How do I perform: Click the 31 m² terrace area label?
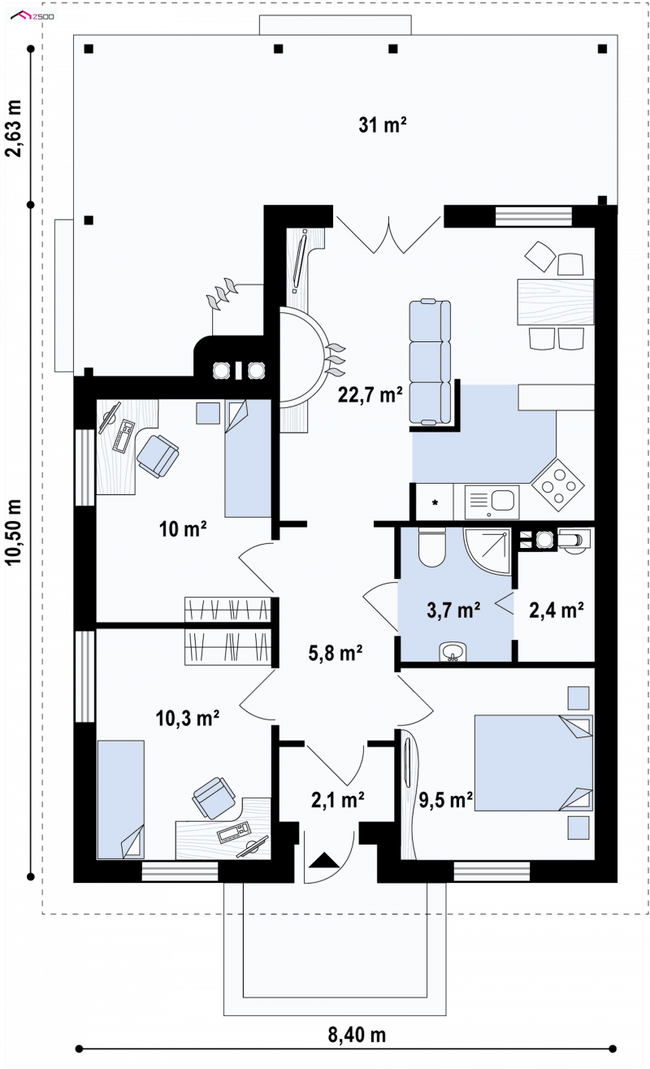(382, 125)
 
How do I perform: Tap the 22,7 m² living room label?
(370, 394)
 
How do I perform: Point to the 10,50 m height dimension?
(15, 532)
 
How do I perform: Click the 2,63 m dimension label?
(15, 128)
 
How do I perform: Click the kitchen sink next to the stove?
(492, 502)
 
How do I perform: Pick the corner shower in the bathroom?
(487, 551)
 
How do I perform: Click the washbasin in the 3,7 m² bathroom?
(453, 652)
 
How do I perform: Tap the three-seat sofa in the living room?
(430, 362)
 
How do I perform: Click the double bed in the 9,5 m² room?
(533, 763)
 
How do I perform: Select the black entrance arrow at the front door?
(324, 859)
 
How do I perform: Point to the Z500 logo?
(32, 17)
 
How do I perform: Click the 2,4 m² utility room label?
(556, 610)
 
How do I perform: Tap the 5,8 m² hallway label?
(336, 653)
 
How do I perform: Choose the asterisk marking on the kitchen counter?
(435, 502)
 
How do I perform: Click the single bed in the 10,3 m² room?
(120, 799)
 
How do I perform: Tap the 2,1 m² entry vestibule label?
(338, 800)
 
